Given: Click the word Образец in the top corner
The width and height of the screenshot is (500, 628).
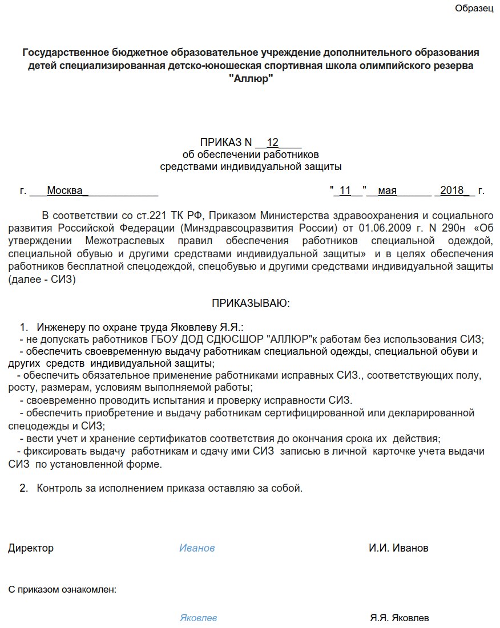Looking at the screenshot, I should (x=474, y=9).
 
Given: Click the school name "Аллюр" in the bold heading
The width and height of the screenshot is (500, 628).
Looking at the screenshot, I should (x=251, y=78).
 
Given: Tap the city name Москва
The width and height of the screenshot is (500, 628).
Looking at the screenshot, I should (x=64, y=191).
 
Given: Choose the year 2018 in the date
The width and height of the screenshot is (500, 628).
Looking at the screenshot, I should (x=452, y=191).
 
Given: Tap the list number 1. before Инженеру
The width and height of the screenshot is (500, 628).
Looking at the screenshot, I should (x=24, y=327).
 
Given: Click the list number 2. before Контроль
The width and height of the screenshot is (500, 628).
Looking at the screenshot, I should (x=24, y=488).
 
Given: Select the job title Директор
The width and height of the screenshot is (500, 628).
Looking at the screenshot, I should (x=31, y=548).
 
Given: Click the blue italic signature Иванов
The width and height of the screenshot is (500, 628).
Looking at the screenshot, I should (x=197, y=548).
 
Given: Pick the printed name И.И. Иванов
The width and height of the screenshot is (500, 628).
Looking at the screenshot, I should (x=398, y=548).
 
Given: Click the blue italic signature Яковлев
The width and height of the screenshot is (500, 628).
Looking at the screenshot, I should (x=198, y=618).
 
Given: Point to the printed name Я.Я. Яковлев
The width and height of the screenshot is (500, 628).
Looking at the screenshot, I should (x=400, y=618).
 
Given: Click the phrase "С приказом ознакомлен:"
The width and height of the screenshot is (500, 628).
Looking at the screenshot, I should (x=62, y=589).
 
